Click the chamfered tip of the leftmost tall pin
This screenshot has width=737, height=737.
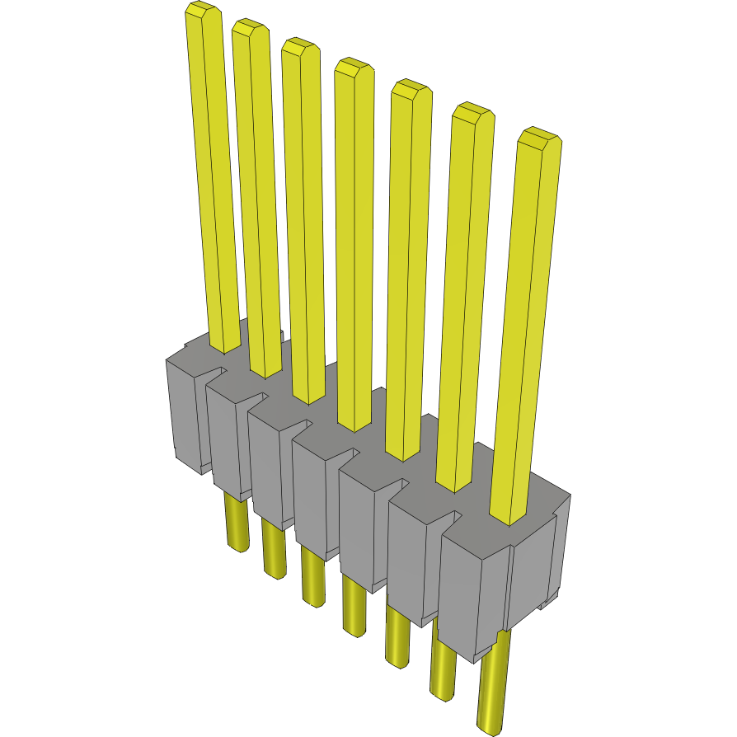202,12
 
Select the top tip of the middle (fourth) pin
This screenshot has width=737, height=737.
354,68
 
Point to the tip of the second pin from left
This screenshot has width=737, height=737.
251,30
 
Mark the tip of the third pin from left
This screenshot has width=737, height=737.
300,49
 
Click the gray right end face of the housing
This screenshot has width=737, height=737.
536,569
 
